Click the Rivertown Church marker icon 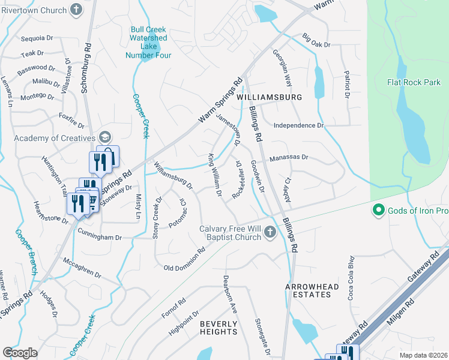coord(76,9)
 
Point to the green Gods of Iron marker coord(378,210)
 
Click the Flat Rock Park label coord(414,82)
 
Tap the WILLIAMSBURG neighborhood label coord(268,97)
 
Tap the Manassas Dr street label coord(288,157)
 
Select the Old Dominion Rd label coord(184,259)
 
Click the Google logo coord(20,352)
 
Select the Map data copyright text coord(423,355)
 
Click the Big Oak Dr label coord(316,41)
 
